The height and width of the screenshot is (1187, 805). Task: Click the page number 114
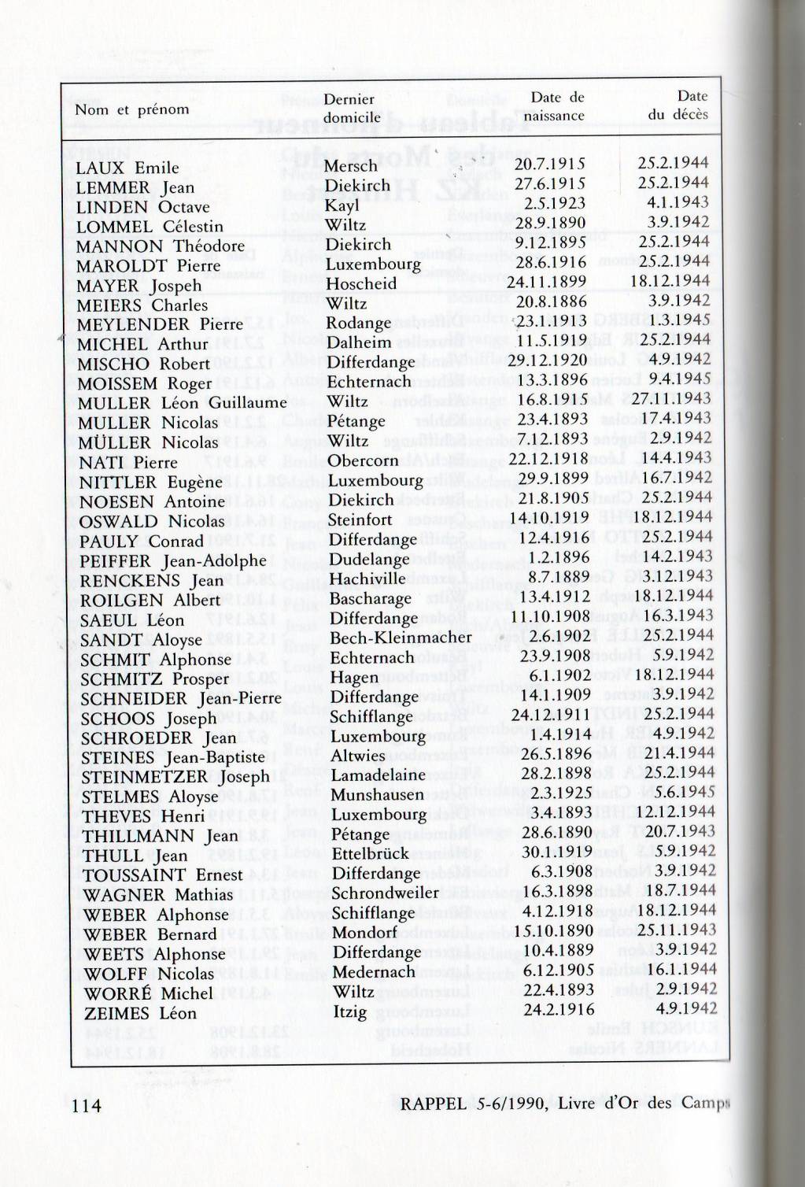[x=87, y=1105]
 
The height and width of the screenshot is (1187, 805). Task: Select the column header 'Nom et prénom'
[x=132, y=109]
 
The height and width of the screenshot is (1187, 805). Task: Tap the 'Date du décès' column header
[x=678, y=105]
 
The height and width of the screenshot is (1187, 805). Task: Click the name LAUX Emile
[x=127, y=168]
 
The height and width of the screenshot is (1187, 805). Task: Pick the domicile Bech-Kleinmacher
[x=401, y=638]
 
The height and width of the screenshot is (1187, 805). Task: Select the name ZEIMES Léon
[x=139, y=1013]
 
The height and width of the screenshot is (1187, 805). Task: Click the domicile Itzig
[x=350, y=1011]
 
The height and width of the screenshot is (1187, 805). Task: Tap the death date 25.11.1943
[x=677, y=930]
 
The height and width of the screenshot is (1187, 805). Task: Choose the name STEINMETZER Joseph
[x=175, y=777]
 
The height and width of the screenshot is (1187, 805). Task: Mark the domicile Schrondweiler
[x=385, y=893]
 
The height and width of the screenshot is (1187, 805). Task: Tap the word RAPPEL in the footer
[x=434, y=1104]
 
